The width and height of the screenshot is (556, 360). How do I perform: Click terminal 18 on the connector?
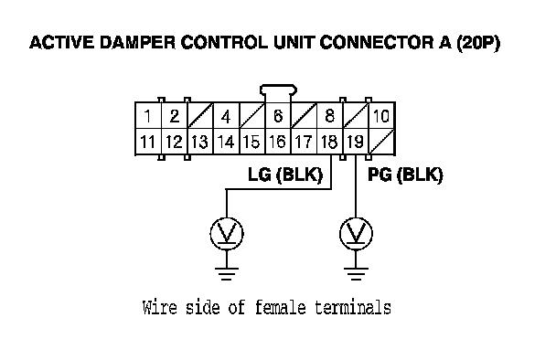click(x=329, y=142)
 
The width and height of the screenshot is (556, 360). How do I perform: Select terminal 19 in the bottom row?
click(x=356, y=142)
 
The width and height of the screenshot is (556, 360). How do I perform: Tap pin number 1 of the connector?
click(x=148, y=116)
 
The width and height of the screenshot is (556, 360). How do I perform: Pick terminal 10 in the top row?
click(x=382, y=116)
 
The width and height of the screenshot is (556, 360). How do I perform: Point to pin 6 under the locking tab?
click(x=278, y=116)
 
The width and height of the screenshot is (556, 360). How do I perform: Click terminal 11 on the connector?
click(x=148, y=142)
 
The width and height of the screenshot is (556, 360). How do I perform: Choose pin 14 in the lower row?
click(x=226, y=142)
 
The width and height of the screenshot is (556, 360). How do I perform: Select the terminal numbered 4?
click(x=226, y=116)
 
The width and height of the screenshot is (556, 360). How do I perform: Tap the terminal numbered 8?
click(x=329, y=116)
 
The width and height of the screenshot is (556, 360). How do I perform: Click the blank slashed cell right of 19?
click(x=382, y=142)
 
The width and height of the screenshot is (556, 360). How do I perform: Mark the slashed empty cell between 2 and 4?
click(x=200, y=116)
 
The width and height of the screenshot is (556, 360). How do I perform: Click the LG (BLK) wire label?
click(x=285, y=175)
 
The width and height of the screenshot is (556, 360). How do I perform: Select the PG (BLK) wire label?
click(x=405, y=175)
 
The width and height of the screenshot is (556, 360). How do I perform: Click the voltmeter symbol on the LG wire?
click(x=227, y=234)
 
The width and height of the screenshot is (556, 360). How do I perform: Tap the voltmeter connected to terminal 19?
click(x=356, y=234)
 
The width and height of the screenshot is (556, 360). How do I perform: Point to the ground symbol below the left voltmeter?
click(x=227, y=273)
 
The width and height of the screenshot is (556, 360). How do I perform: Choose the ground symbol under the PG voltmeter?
click(x=356, y=273)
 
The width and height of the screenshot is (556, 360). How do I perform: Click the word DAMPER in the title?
click(x=137, y=43)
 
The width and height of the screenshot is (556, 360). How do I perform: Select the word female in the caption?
click(x=280, y=307)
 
